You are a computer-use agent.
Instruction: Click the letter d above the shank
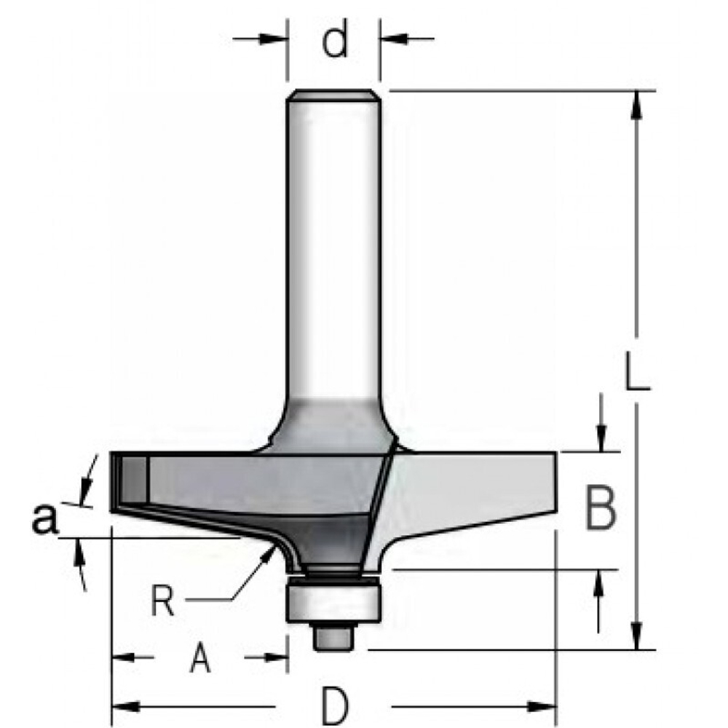tap(334, 41)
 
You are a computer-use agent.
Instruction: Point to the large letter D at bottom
tap(333, 705)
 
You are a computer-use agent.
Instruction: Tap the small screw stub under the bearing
tap(333, 636)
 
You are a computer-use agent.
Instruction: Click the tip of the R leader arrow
tap(272, 549)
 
